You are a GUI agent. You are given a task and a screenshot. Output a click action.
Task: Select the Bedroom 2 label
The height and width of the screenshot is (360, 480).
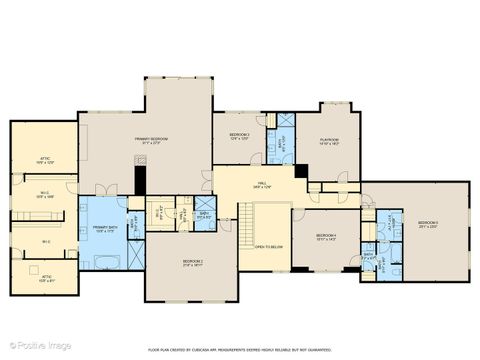(x=192, y=262)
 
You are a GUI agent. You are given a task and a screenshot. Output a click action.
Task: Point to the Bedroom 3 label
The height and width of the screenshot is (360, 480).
(x=238, y=136)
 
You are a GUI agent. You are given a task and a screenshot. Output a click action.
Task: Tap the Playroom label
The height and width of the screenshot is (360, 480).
(x=330, y=142)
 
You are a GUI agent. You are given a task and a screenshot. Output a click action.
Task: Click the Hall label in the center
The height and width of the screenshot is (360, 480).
(x=260, y=184)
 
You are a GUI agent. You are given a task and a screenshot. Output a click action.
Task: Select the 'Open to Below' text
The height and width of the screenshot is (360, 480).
(x=267, y=246)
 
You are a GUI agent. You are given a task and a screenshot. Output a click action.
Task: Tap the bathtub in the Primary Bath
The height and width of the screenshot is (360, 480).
(x=106, y=262)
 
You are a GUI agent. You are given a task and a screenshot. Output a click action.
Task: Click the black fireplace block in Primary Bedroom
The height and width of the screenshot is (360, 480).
(x=141, y=181)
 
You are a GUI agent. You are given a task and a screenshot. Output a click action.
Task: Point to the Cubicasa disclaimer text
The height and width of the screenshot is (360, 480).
(x=239, y=350)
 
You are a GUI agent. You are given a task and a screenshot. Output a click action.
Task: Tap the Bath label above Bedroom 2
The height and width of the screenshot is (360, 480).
(x=204, y=214)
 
